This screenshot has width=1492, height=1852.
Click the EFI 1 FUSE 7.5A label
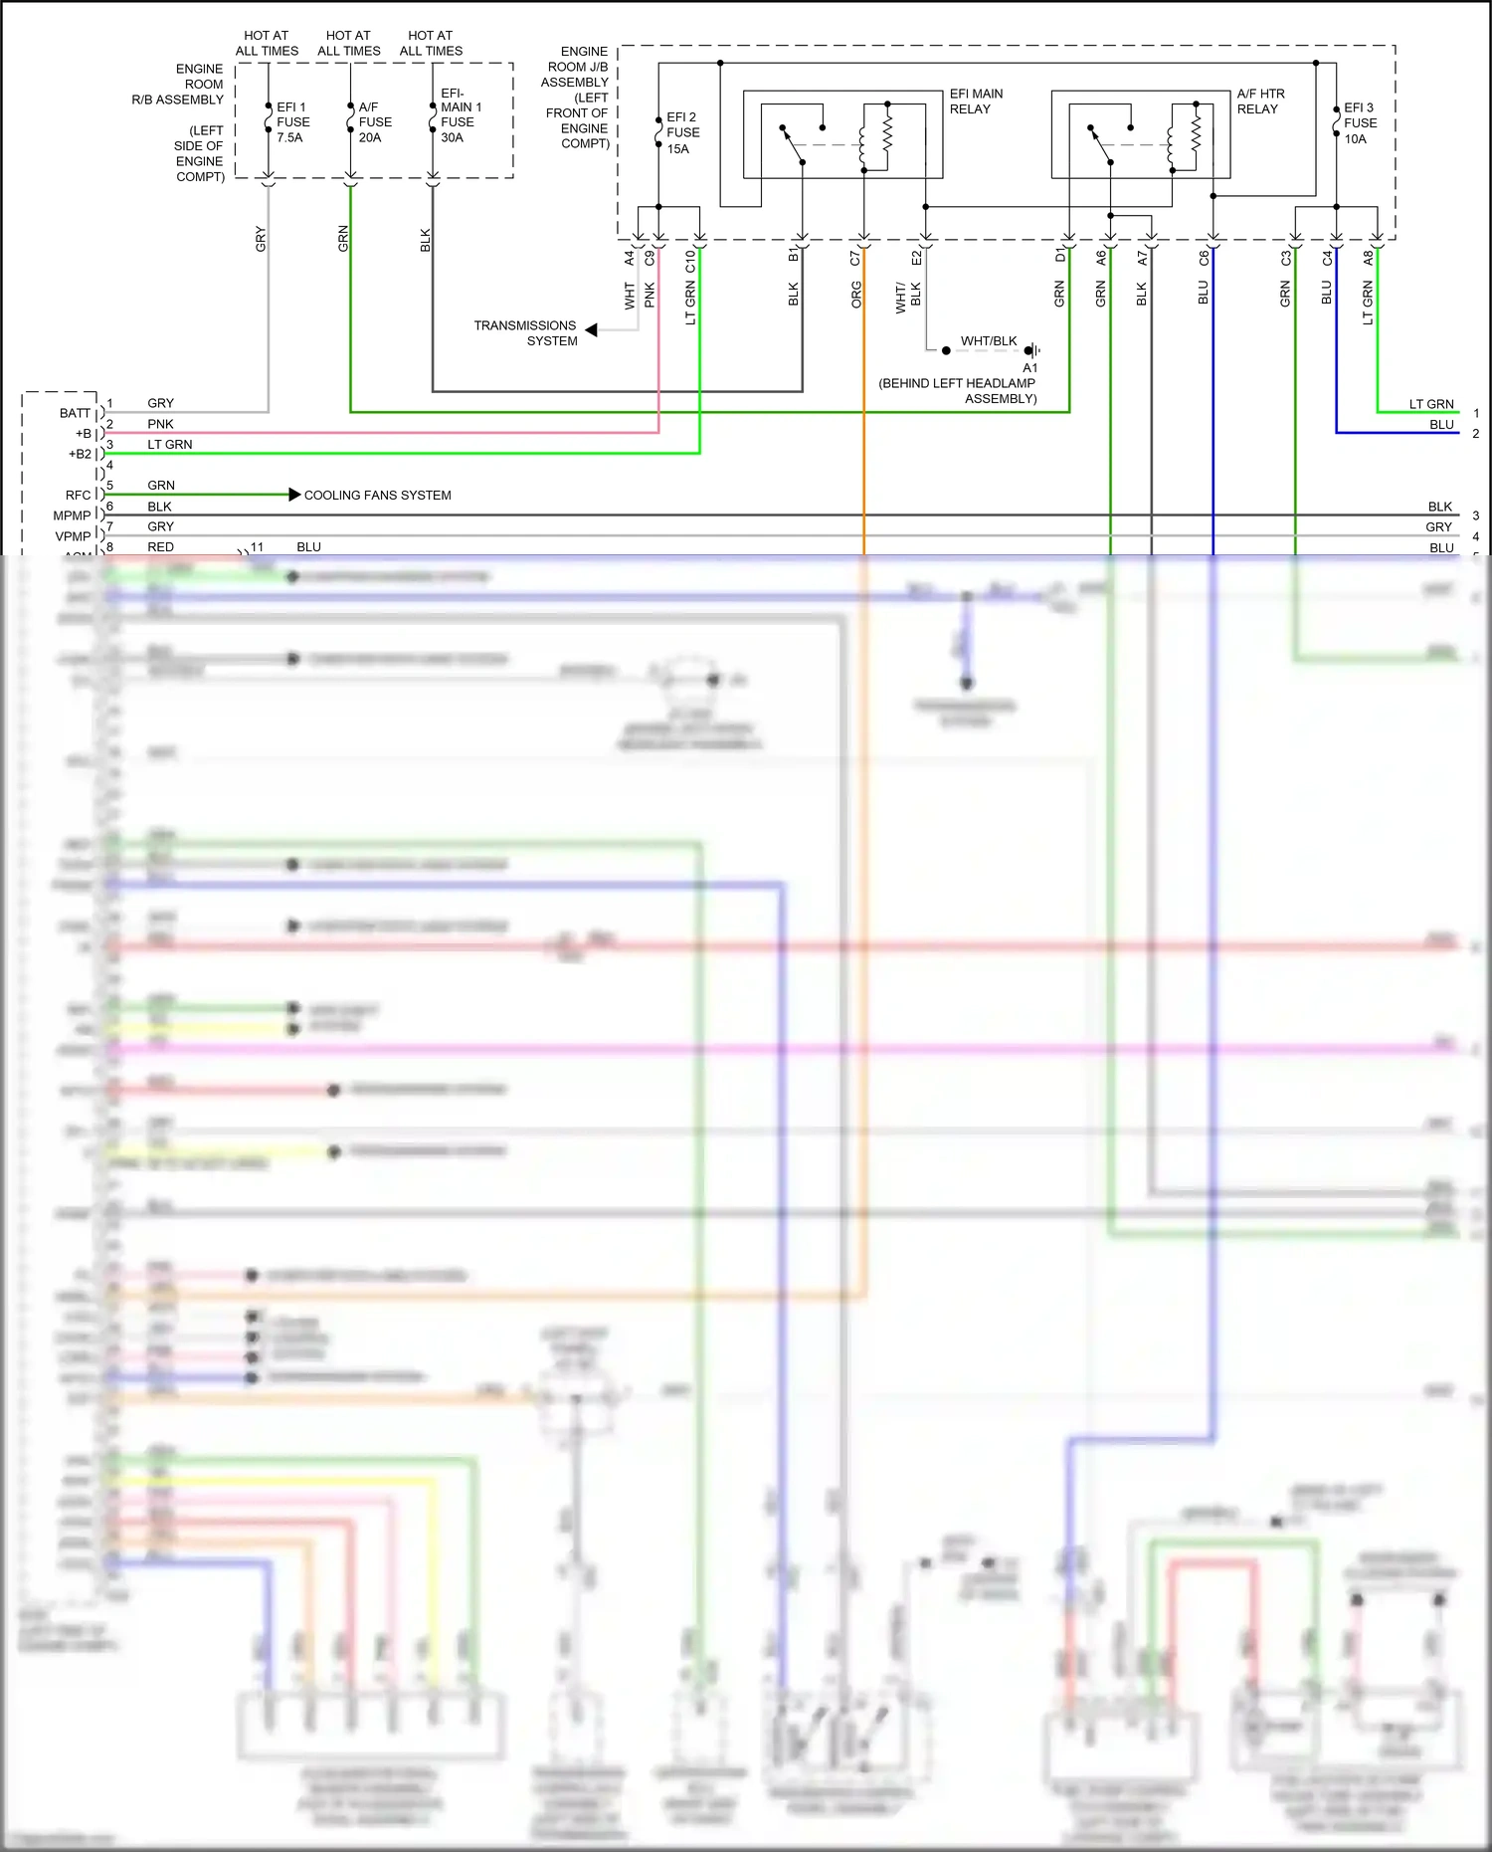(292, 122)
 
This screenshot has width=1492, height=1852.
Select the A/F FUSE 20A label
(375, 122)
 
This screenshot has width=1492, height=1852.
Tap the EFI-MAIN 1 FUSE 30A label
(461, 115)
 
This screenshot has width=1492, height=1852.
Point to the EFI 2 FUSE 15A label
(682, 132)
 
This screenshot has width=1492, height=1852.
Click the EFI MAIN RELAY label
(976, 102)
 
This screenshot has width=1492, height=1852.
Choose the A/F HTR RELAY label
(1260, 102)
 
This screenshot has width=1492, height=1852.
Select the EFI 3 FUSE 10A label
(1360, 123)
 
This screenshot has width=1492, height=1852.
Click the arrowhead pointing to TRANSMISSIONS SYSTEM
(592, 329)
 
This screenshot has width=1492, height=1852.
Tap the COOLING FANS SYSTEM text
(377, 495)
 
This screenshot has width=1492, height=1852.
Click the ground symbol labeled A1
(1032, 350)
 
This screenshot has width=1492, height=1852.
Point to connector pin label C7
(855, 258)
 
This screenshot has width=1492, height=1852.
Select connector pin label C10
(690, 261)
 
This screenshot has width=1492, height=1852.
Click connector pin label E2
(916, 258)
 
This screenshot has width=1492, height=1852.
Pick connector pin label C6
(1204, 258)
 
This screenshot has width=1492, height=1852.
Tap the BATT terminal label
(75, 413)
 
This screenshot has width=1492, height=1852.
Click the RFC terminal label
(78, 495)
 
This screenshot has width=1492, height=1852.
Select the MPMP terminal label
(72, 515)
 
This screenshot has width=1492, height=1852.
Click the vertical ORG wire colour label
(856, 295)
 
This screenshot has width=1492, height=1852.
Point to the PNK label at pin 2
(160, 424)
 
